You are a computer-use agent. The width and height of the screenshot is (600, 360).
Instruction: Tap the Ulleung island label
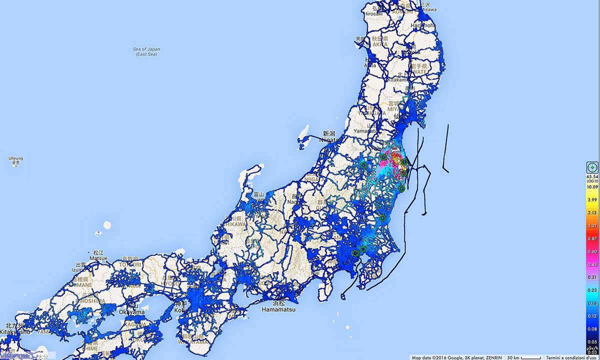(15, 160)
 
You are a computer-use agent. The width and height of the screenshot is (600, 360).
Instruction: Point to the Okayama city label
(131, 312)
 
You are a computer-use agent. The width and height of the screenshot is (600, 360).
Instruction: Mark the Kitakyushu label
(11, 331)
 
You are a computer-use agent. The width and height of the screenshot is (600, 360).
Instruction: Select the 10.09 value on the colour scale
(592, 186)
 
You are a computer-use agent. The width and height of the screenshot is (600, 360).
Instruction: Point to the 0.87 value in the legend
(592, 238)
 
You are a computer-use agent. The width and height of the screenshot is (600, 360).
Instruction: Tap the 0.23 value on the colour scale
(592, 290)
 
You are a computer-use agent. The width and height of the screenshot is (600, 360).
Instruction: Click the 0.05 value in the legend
(592, 342)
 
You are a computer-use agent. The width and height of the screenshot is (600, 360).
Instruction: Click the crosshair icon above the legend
(592, 167)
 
